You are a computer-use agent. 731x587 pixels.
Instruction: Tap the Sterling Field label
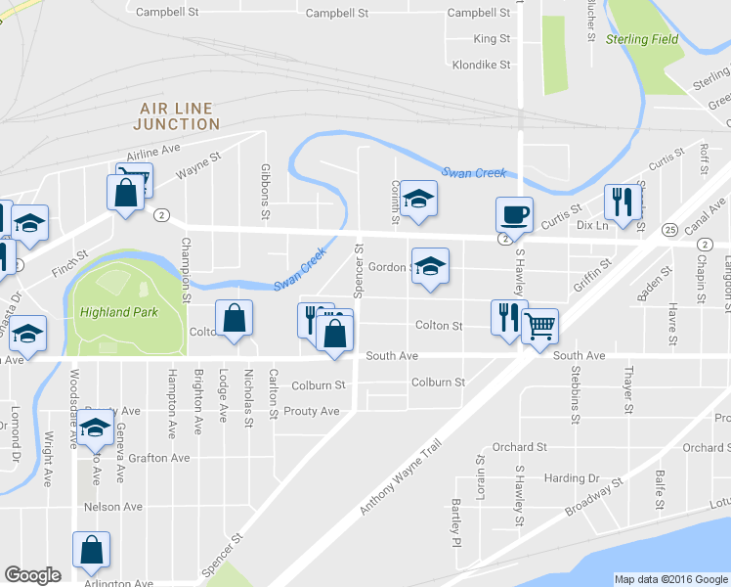pos(641,39)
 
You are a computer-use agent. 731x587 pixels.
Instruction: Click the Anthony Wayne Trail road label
pos(401,477)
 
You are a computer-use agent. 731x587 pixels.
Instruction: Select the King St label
pos(492,39)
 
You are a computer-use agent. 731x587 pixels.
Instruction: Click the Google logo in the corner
pos(32,575)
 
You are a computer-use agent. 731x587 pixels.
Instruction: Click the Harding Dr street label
pos(572,478)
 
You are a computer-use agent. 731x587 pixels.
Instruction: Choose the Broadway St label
pos(593,499)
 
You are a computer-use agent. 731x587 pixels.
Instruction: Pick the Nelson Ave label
pos(113,507)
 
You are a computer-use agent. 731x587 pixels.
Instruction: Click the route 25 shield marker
pos(668,229)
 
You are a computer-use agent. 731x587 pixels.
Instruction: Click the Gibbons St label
pos(265,190)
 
